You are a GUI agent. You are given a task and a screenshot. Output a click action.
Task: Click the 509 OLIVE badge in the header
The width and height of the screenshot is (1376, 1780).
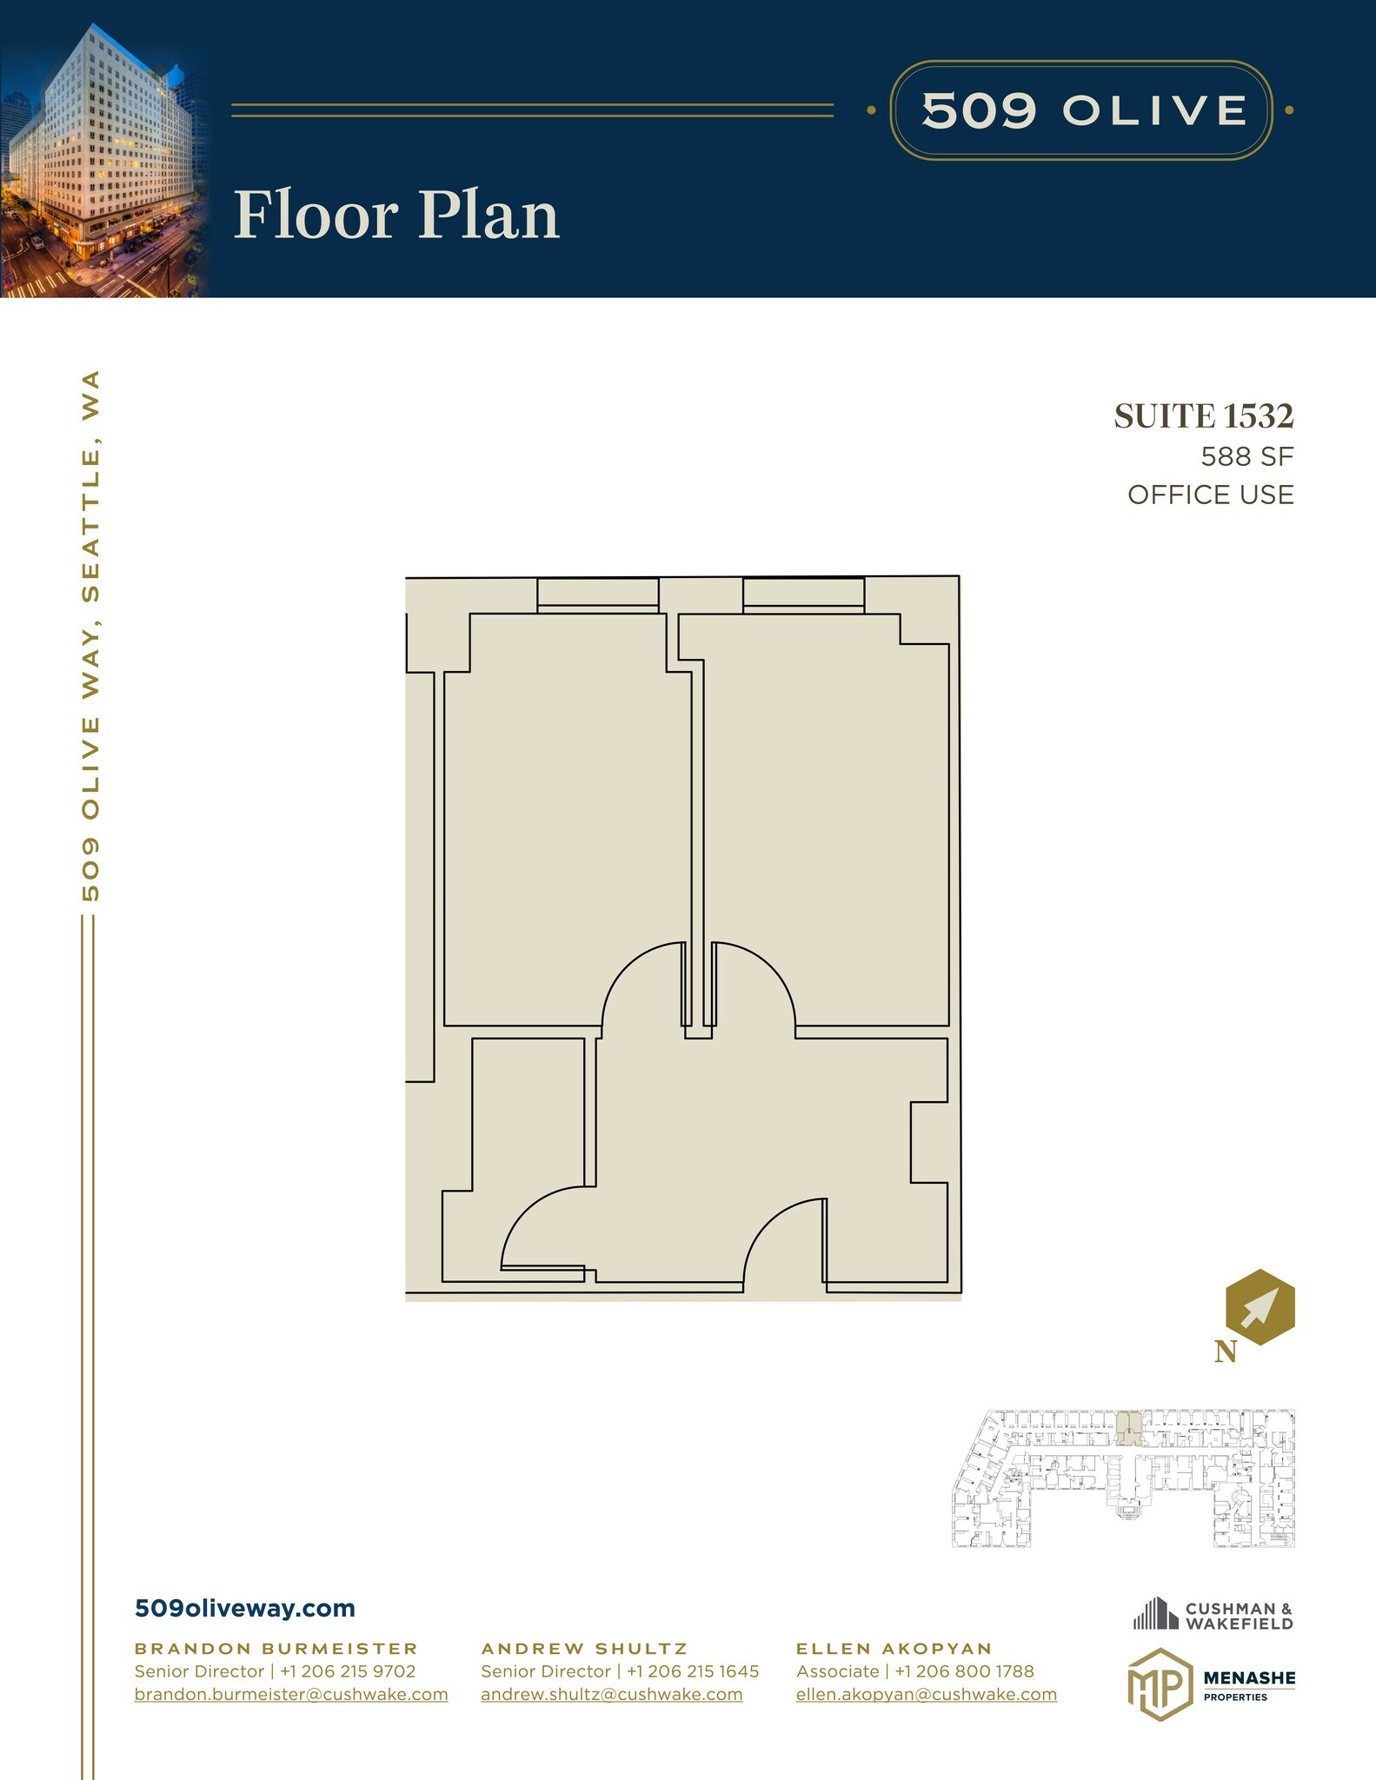click(1081, 110)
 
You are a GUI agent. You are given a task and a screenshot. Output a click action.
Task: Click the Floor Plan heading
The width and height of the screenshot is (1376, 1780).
click(396, 215)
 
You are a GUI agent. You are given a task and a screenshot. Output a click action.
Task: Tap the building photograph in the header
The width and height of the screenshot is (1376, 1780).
click(103, 159)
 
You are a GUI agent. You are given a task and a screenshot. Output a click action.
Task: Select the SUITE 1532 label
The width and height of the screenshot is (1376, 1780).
click(1204, 416)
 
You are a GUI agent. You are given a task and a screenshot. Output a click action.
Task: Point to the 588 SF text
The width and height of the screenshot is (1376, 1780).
click(1247, 456)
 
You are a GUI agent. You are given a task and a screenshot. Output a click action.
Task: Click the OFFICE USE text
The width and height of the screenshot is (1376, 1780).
click(1211, 495)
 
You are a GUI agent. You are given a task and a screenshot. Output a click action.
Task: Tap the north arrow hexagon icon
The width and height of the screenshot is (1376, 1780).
click(1260, 1307)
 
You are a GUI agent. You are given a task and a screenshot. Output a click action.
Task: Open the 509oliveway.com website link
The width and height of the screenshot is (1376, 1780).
click(245, 1608)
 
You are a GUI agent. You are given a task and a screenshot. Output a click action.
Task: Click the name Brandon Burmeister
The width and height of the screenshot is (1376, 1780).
click(276, 1648)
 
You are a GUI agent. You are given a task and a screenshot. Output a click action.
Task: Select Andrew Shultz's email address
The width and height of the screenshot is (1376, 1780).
click(612, 1694)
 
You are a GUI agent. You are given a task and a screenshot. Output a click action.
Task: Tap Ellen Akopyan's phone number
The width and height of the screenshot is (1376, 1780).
click(964, 1670)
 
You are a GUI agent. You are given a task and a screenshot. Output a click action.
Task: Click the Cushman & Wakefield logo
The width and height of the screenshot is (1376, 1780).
click(1213, 1615)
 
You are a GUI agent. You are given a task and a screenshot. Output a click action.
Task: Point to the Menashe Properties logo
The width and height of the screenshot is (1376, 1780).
click(1211, 1684)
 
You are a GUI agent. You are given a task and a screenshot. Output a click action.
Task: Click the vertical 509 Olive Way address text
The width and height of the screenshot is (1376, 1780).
click(90, 636)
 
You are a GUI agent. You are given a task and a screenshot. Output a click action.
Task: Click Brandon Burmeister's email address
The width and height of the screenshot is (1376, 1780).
click(291, 1694)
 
